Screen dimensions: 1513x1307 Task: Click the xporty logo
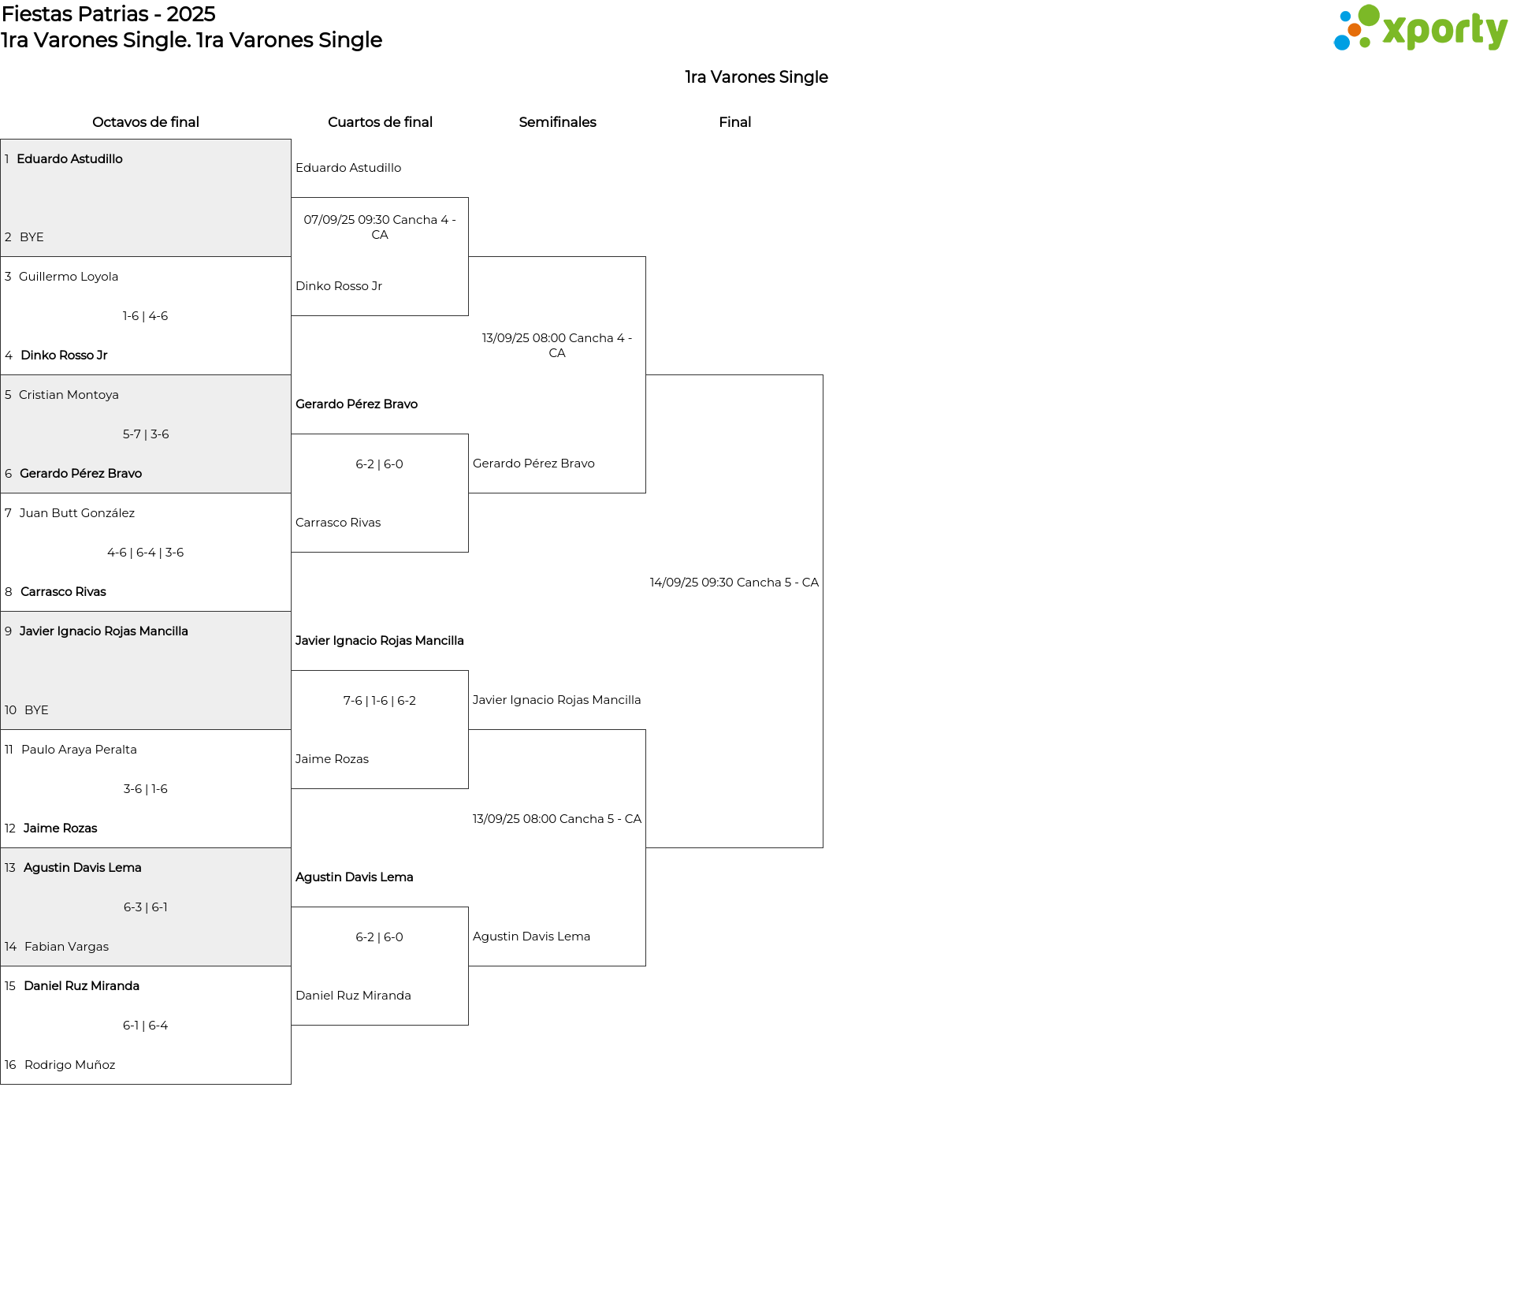click(x=1420, y=28)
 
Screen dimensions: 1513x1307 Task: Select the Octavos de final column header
click(x=146, y=122)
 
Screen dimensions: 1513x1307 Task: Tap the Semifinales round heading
click(x=557, y=122)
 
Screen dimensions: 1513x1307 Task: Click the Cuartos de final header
click(x=380, y=122)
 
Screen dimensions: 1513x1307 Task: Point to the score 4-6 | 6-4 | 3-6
click(x=146, y=553)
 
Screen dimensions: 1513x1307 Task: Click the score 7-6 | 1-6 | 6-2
click(x=380, y=701)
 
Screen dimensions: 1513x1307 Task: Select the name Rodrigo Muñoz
click(x=70, y=1065)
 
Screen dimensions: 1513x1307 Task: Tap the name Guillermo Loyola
click(x=69, y=277)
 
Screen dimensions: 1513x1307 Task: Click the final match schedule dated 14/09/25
click(x=734, y=583)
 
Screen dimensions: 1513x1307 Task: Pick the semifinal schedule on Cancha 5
click(x=557, y=819)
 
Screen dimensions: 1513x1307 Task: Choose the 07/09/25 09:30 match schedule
click(x=380, y=227)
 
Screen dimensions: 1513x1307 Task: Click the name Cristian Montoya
click(x=69, y=395)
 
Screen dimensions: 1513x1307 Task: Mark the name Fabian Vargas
click(x=67, y=947)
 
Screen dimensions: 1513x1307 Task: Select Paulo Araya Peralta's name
click(x=79, y=750)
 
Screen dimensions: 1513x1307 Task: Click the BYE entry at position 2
click(x=32, y=237)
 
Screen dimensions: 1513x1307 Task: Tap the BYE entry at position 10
click(x=36, y=710)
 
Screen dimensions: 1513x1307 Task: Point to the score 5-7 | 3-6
click(x=146, y=434)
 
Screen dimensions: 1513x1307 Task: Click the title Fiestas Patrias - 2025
click(x=109, y=14)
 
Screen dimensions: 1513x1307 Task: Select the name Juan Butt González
click(x=77, y=513)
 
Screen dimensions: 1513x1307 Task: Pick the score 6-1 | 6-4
click(x=146, y=1026)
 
